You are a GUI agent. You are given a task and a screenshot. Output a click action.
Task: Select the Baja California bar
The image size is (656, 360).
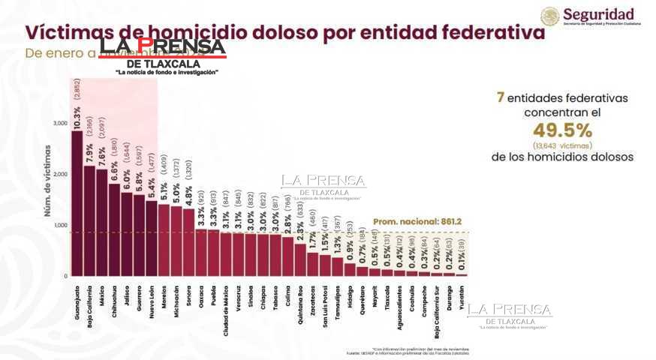coord(89,221)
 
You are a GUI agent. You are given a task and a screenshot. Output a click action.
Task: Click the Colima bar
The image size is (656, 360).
coord(287,256)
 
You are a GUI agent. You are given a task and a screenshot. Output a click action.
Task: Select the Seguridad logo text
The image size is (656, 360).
coord(598,13)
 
